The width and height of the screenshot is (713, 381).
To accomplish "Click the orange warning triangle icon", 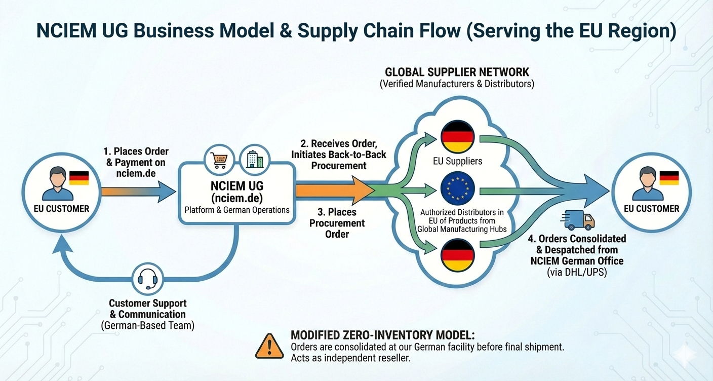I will pos(270,347).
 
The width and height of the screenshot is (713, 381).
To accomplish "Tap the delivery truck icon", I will pos(577,221).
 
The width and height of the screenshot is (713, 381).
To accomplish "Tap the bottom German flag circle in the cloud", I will pos(458,255).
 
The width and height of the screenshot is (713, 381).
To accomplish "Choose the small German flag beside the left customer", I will pos(79,178).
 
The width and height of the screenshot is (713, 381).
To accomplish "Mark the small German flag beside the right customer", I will pos(669,178).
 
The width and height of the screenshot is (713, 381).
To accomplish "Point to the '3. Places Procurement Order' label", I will pos(337,223).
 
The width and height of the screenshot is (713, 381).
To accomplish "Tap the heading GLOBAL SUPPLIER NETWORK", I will pos(457,72).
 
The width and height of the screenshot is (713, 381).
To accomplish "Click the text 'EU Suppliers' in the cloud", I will pos(458,162).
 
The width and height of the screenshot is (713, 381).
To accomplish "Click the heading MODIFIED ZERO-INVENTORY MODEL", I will pos(382,336).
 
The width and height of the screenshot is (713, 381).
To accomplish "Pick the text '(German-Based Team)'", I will pos(147,326).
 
